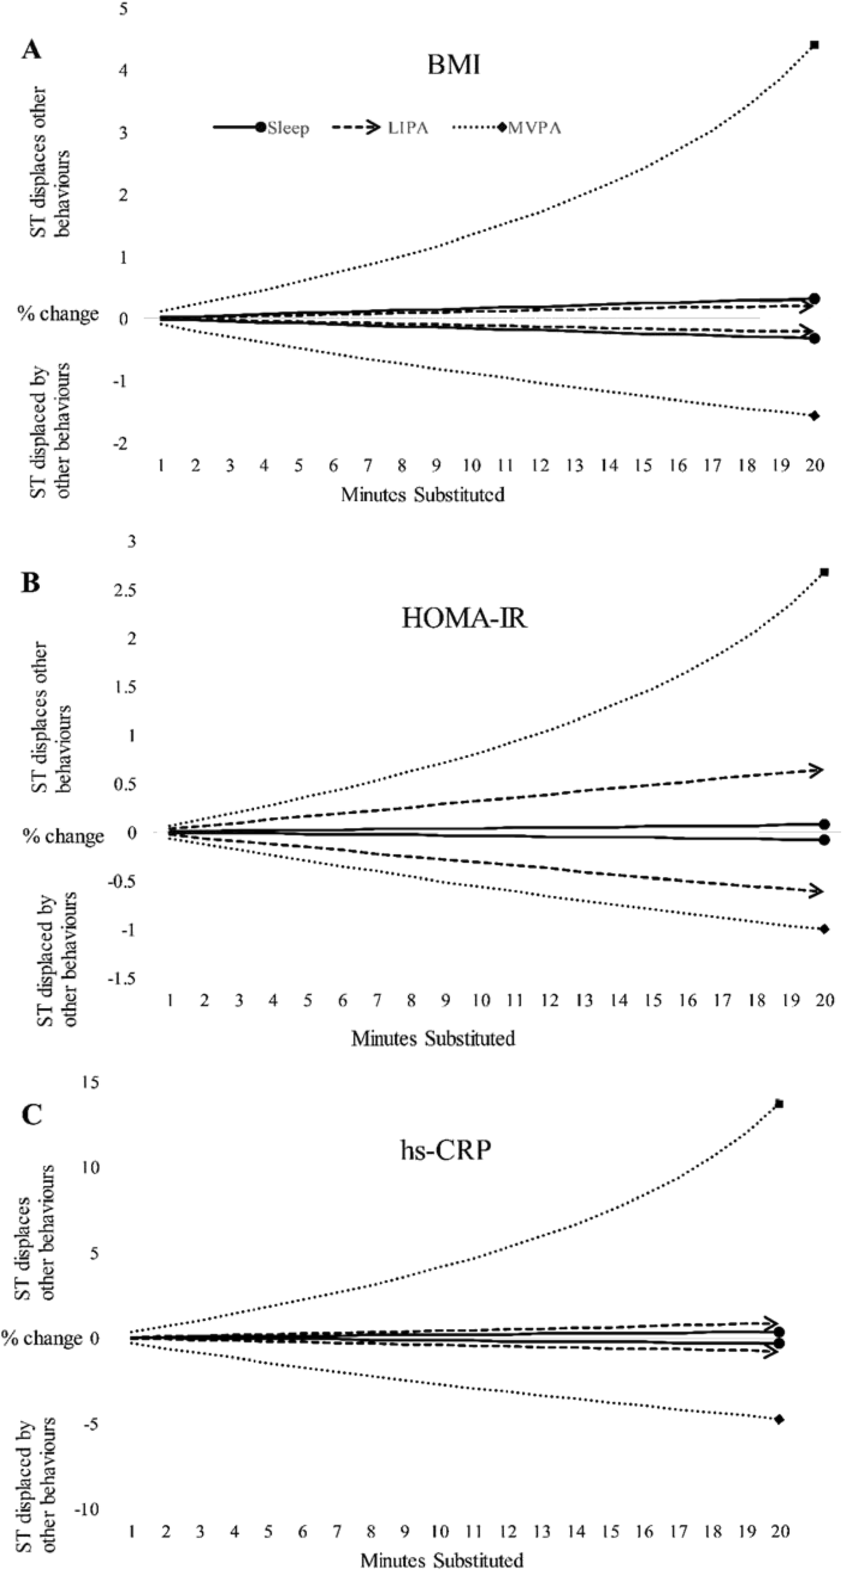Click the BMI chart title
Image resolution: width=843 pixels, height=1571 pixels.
[453, 65]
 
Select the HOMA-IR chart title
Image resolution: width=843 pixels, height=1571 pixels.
[464, 617]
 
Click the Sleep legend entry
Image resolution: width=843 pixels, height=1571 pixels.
[287, 128]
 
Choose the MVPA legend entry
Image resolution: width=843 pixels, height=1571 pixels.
[534, 128]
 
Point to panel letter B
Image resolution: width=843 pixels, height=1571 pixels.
[30, 583]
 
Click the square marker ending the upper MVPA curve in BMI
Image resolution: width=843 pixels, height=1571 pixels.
[815, 45]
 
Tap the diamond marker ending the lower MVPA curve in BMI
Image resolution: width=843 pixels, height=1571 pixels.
[815, 415]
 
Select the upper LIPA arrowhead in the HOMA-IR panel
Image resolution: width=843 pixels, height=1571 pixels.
[816, 770]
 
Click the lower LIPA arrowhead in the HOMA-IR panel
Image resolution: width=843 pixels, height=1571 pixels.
[816, 892]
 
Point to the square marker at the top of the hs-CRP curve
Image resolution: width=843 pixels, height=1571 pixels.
[780, 1104]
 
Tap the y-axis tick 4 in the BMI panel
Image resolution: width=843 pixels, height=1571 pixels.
[123, 70]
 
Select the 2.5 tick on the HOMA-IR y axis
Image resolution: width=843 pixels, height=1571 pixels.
[124, 590]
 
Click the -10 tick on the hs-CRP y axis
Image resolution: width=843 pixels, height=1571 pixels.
[87, 1509]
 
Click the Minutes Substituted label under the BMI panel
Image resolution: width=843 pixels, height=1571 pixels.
[423, 495]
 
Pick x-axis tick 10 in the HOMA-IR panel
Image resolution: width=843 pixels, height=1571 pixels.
[481, 1000]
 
